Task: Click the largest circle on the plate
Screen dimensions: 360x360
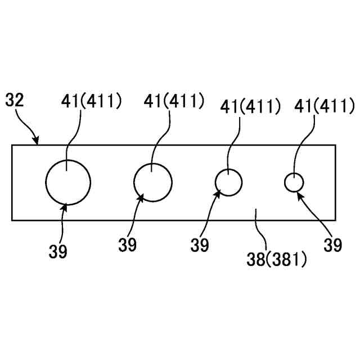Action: click(x=68, y=182)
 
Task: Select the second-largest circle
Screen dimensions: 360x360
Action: click(x=153, y=182)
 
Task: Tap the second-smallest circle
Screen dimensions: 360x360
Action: click(x=229, y=182)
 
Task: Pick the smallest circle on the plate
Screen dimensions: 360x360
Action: click(x=294, y=183)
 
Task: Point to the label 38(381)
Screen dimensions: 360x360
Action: click(x=277, y=259)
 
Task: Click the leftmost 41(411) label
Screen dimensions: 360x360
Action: click(x=91, y=101)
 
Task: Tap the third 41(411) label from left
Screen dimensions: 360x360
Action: click(x=250, y=106)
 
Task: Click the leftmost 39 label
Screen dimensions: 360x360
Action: click(x=57, y=251)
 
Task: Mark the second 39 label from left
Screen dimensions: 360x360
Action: click(x=127, y=246)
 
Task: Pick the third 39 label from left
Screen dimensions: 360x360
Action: click(x=199, y=245)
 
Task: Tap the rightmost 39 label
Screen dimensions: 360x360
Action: click(x=333, y=245)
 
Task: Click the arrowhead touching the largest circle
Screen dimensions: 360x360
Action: click(x=65, y=207)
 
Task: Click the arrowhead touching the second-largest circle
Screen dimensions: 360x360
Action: click(x=140, y=197)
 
